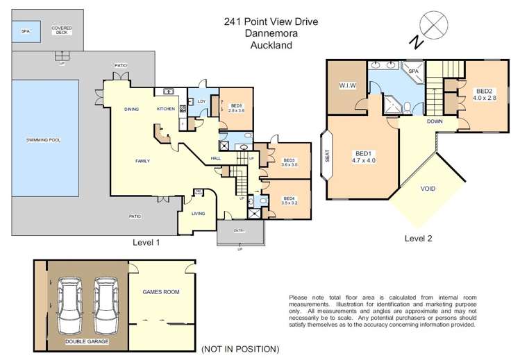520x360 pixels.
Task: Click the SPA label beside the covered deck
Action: point(26,31)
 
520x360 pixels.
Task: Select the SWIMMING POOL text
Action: point(44,139)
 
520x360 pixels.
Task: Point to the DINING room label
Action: point(131,109)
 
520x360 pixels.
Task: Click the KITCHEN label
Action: point(165,109)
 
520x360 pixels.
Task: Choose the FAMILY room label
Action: point(142,161)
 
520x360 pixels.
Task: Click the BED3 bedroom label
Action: point(289,162)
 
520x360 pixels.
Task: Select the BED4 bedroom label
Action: point(290,200)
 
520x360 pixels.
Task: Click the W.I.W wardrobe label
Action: point(348,86)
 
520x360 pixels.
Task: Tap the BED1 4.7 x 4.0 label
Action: point(364,157)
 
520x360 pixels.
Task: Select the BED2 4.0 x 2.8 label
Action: point(485,94)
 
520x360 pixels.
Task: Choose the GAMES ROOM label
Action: point(160,292)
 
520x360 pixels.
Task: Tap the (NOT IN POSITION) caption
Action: point(240,349)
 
